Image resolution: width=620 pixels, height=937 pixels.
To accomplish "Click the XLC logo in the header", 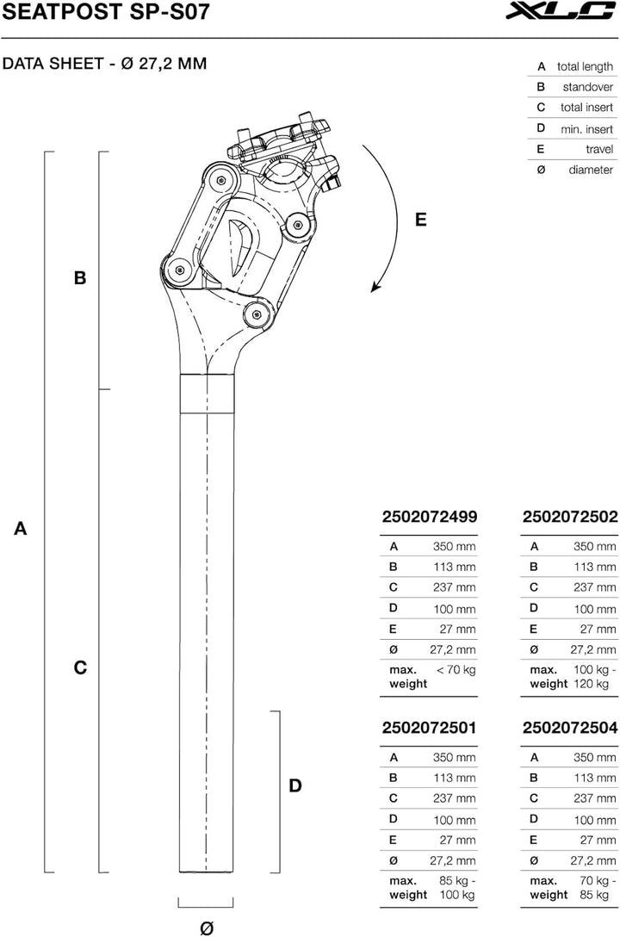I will (x=567, y=12).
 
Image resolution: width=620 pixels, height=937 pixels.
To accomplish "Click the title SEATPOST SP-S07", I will (x=105, y=12).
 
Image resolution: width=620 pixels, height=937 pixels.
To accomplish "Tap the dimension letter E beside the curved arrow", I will (x=420, y=220).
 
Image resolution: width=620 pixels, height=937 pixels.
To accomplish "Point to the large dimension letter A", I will (x=21, y=529).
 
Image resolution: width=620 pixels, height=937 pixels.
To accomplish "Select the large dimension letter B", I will (x=80, y=278).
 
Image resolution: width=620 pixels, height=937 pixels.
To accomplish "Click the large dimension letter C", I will (x=80, y=667).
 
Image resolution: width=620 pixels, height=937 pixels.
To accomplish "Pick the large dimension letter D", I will (x=295, y=785).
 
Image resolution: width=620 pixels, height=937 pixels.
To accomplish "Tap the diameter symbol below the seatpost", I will (x=206, y=928).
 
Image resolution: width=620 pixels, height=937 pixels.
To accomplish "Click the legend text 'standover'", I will (x=587, y=87).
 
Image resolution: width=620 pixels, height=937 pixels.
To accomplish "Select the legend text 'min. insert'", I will (x=586, y=128).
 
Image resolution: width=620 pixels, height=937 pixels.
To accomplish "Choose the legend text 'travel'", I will (x=598, y=149).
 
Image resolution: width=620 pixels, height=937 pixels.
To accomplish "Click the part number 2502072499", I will (x=429, y=517).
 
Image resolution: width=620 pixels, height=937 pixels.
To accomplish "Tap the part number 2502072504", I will (x=570, y=728).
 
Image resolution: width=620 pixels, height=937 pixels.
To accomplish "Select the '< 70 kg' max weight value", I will (x=456, y=669).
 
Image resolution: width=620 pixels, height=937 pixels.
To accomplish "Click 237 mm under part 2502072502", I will (x=595, y=587).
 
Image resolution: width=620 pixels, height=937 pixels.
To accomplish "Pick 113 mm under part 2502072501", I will (x=454, y=778).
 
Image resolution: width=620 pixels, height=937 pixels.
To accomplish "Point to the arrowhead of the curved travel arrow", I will (x=375, y=289).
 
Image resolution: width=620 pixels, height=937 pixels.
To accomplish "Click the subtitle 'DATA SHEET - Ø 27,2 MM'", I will (x=104, y=64).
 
